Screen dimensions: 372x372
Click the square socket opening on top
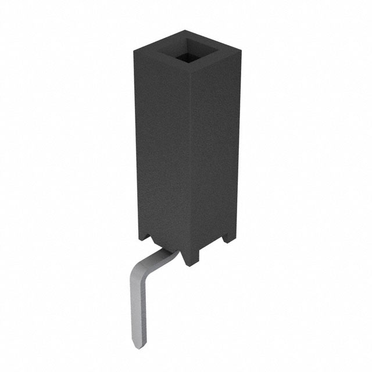[187, 51]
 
